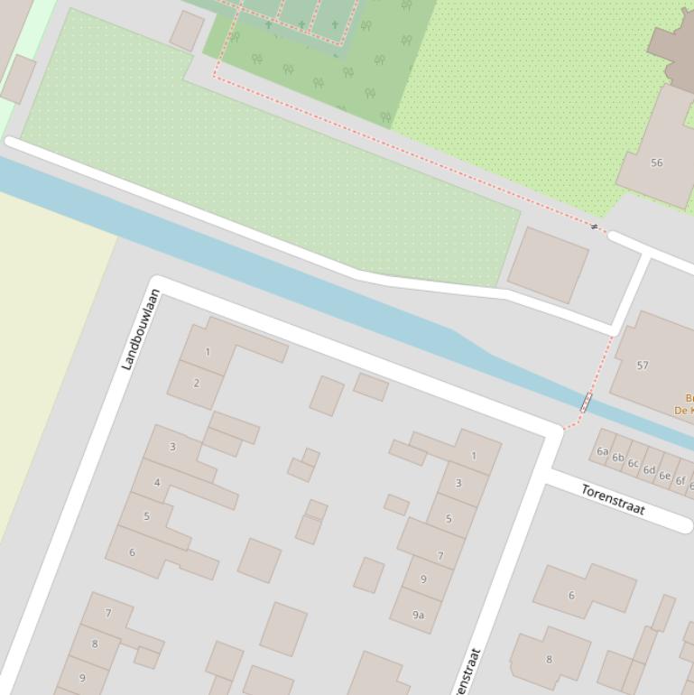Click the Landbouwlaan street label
141,329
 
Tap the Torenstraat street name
613,499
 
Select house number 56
656,162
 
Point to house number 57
643,366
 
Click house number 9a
418,615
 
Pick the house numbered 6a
602,451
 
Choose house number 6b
617,458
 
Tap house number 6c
633,464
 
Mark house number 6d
649,469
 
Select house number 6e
664,476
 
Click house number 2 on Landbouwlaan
196,383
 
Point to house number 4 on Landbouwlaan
157,482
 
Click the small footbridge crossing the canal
586,403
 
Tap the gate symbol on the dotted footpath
594,226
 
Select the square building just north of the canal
548,264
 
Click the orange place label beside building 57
684,403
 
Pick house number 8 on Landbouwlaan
95,644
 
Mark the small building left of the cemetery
187,31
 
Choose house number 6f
680,481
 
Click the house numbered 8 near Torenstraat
549,659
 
